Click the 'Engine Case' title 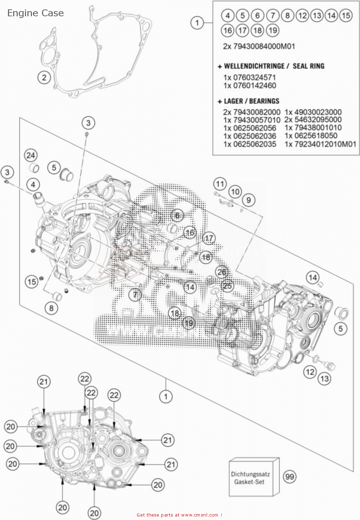[x=35, y=13]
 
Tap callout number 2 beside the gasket [x=44, y=77]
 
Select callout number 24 [x=31, y=155]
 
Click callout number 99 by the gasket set [x=290, y=477]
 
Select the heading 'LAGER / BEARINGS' [x=251, y=101]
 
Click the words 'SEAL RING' [x=308, y=66]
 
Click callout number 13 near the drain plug [x=324, y=378]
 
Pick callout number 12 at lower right [x=310, y=372]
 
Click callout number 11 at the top [x=220, y=184]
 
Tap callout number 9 [x=248, y=200]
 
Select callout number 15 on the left [x=32, y=281]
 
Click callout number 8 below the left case [x=51, y=308]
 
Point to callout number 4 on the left [x=33, y=184]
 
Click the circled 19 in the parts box [x=273, y=31]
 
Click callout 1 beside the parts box [x=197, y=23]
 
